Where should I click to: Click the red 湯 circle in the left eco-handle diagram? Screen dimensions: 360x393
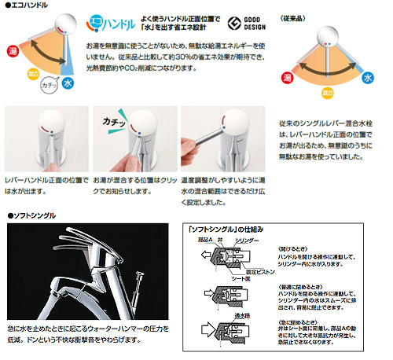click(x=13, y=51)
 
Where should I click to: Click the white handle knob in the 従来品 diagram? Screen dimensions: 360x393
click(x=329, y=35)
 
